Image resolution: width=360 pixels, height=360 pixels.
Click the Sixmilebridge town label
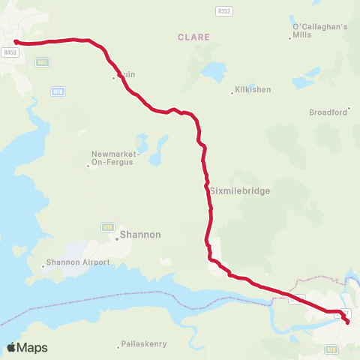[239, 191]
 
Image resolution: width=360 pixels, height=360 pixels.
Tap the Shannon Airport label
[78, 262]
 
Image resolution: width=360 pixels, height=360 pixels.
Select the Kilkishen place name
[253, 90]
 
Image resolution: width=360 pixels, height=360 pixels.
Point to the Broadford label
[328, 112]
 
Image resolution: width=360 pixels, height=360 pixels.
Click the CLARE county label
[194, 37]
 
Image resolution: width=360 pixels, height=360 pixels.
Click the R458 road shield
[10, 52]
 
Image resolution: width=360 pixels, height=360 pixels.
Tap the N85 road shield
[42, 62]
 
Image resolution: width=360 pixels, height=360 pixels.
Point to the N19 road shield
[108, 226]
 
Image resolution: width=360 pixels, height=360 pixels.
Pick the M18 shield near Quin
[58, 91]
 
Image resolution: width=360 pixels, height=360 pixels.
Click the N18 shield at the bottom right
[331, 349]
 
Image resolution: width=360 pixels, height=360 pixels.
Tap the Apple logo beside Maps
[12, 347]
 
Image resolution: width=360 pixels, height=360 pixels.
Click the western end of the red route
[16, 42]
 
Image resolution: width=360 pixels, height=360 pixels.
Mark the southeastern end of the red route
[347, 322]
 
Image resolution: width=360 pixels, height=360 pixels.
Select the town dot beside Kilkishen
[232, 94]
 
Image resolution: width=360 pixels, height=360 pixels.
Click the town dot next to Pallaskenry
[118, 346]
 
